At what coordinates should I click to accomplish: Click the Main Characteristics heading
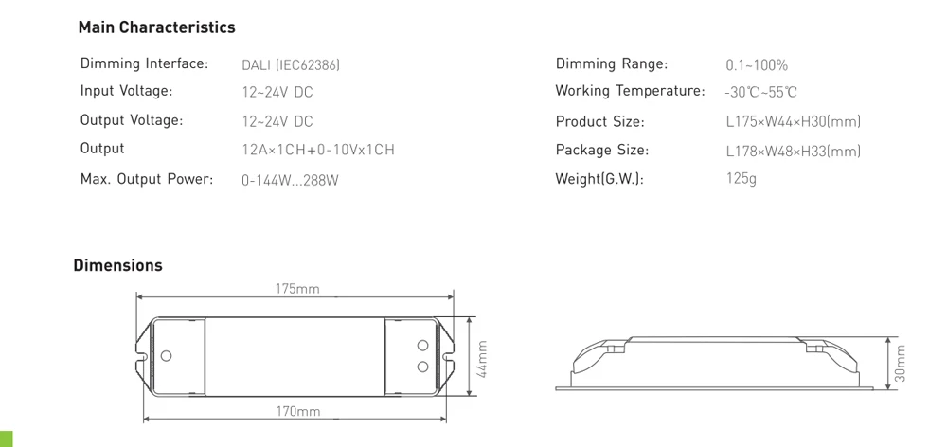pos(157,27)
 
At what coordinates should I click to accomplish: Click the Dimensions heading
pos(117,265)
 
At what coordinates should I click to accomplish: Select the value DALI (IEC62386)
pos(291,64)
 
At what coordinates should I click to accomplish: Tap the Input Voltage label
pos(126,91)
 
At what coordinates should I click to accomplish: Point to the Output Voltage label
pos(131,119)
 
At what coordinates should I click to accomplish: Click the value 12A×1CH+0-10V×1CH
pos(318,150)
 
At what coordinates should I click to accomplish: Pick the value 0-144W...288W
pos(290,180)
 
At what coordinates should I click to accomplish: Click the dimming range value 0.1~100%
pos(757,65)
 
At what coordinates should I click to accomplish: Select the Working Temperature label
pos(630,91)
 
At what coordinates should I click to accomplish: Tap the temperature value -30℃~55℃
pos(761,93)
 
